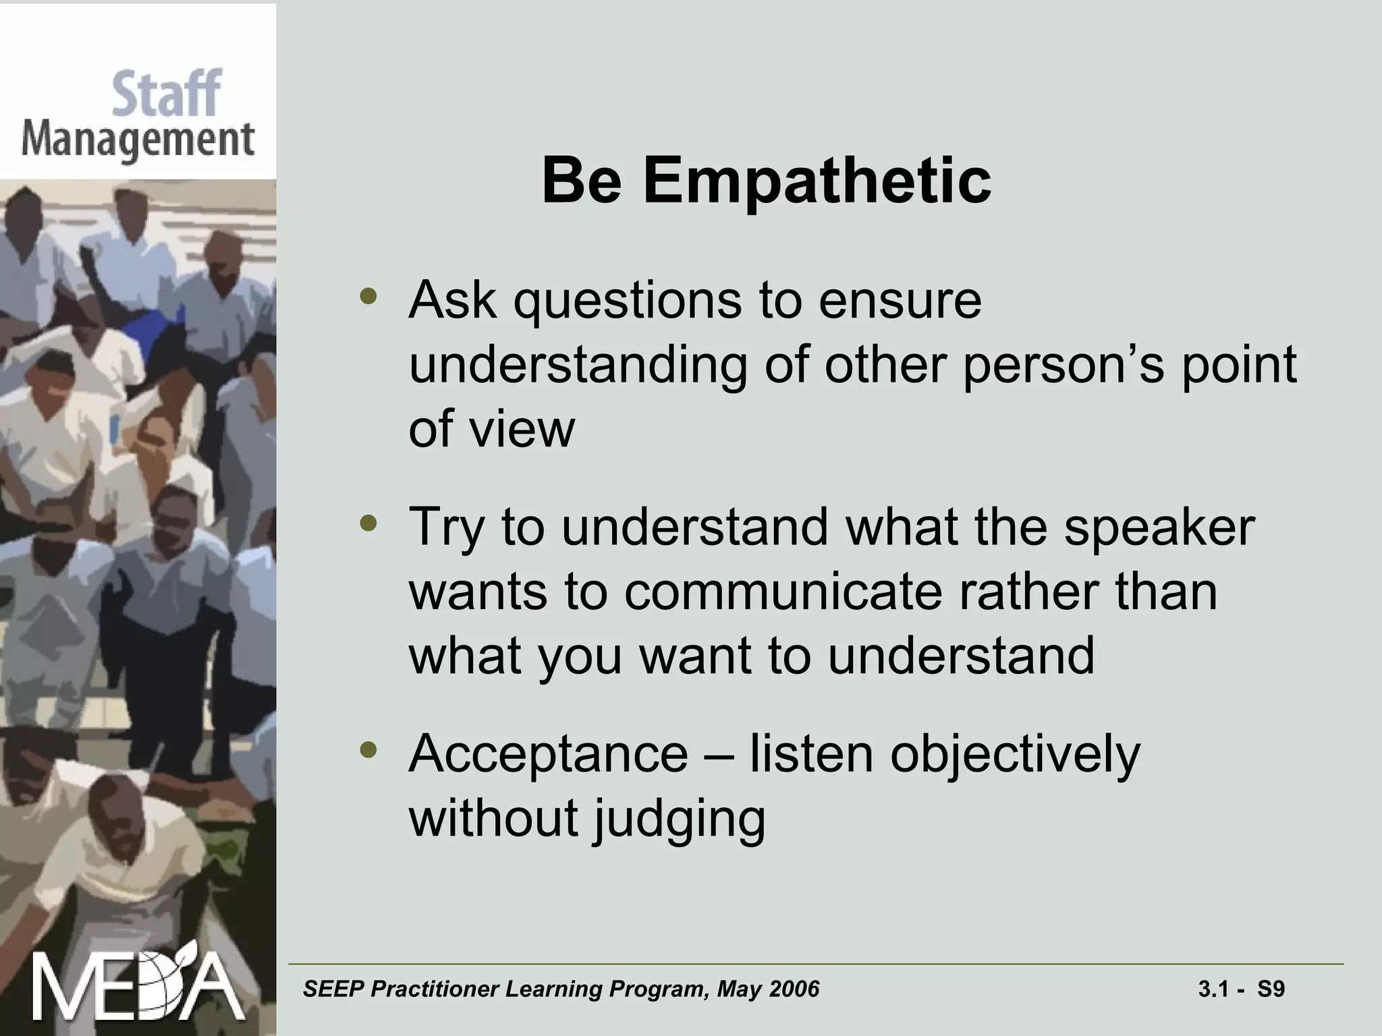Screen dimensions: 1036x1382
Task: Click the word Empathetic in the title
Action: click(817, 181)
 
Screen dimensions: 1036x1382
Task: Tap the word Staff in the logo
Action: click(166, 94)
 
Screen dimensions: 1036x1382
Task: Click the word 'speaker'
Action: click(1159, 527)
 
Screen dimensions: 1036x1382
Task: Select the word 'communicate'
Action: click(782, 592)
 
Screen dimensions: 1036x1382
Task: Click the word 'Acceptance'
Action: click(548, 754)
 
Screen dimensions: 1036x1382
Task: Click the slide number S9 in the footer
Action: click(1271, 989)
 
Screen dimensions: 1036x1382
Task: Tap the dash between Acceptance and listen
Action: click(718, 755)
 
